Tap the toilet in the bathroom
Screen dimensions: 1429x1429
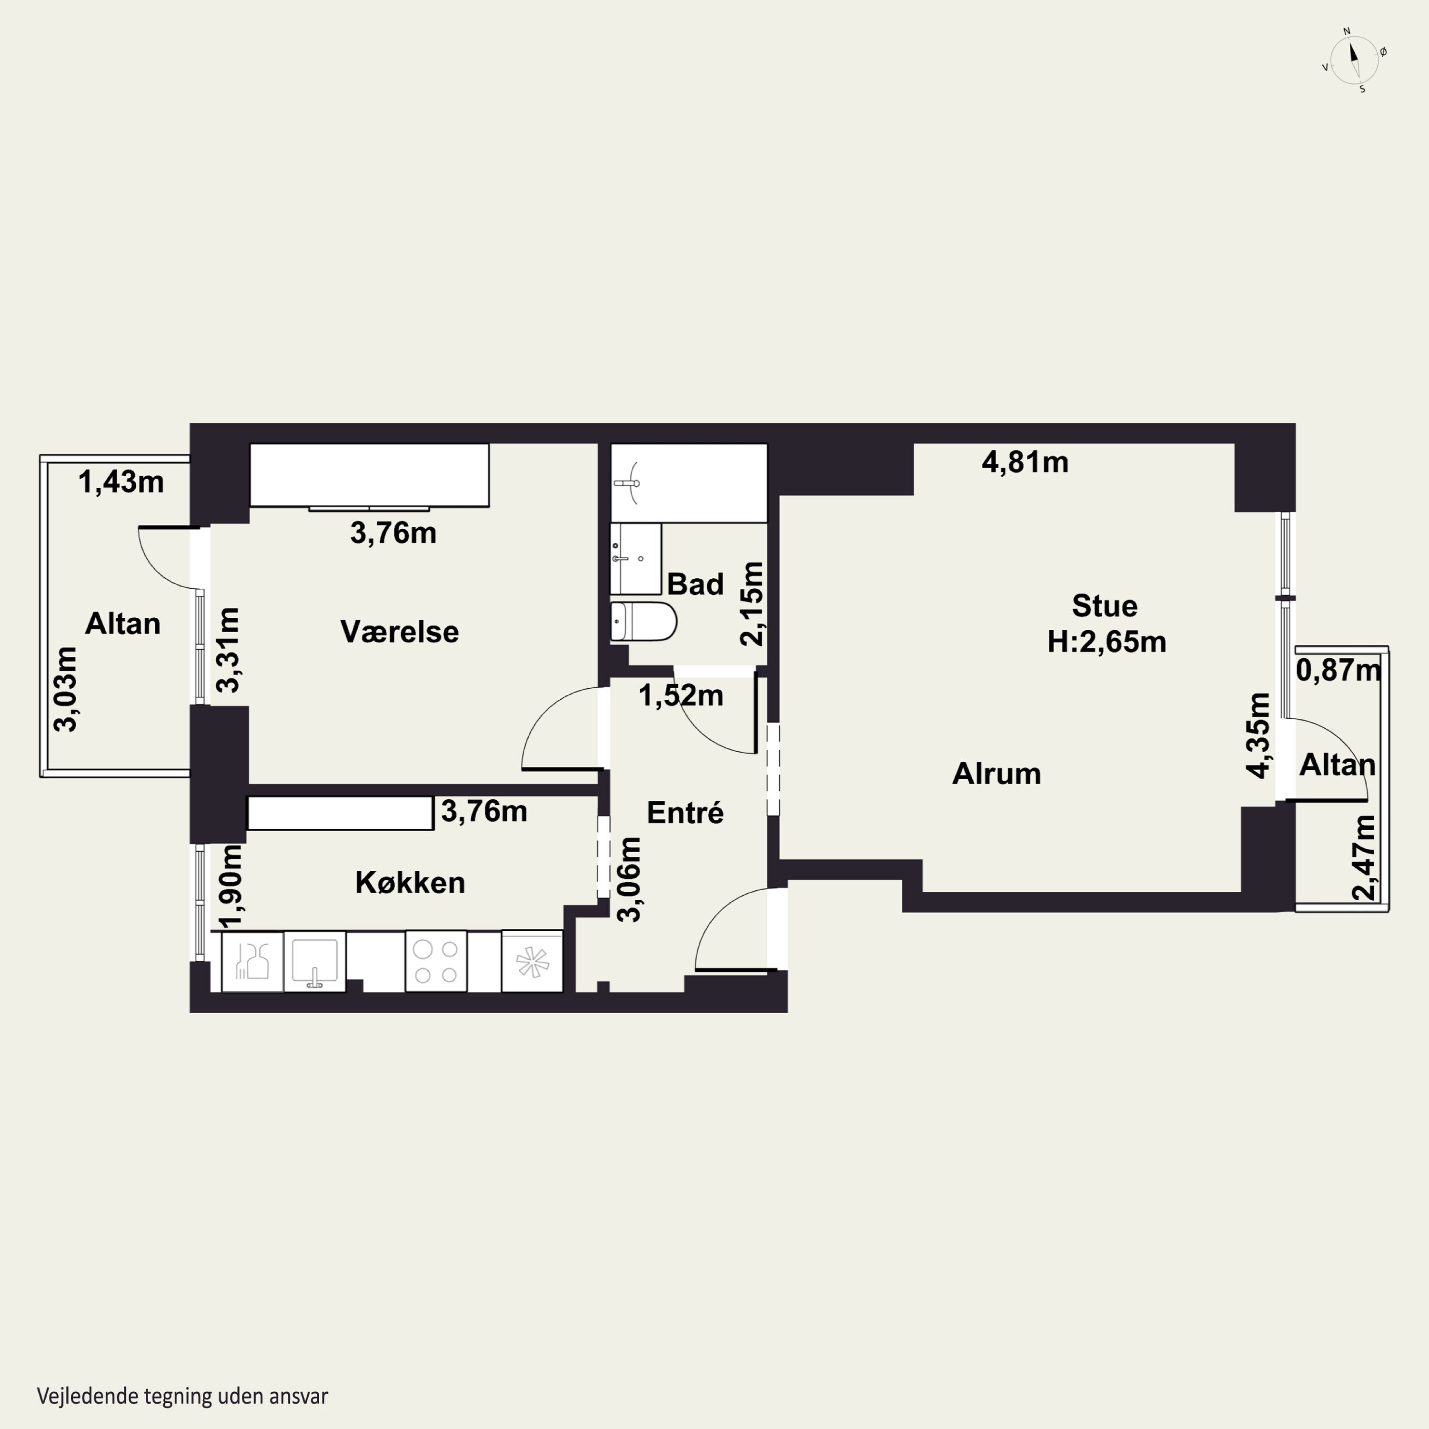coord(643,621)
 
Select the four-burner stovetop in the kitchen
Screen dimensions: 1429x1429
coord(436,961)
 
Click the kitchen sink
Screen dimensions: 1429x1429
coord(315,961)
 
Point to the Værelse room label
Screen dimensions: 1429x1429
coord(400,632)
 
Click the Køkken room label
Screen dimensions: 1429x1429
coord(410,882)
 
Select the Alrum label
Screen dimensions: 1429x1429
coord(996,774)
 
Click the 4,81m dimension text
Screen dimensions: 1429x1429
coord(1025,462)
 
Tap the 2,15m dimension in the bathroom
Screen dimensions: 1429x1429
coord(752,604)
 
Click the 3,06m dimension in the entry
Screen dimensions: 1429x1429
coord(629,879)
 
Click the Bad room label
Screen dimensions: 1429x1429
coord(695,584)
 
